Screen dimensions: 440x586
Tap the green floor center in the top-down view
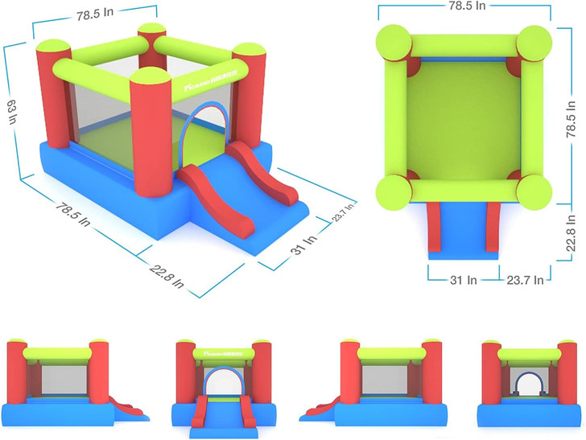pyautogui.click(x=464, y=117)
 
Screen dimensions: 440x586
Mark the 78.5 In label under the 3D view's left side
pyautogui.click(x=75, y=214)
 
